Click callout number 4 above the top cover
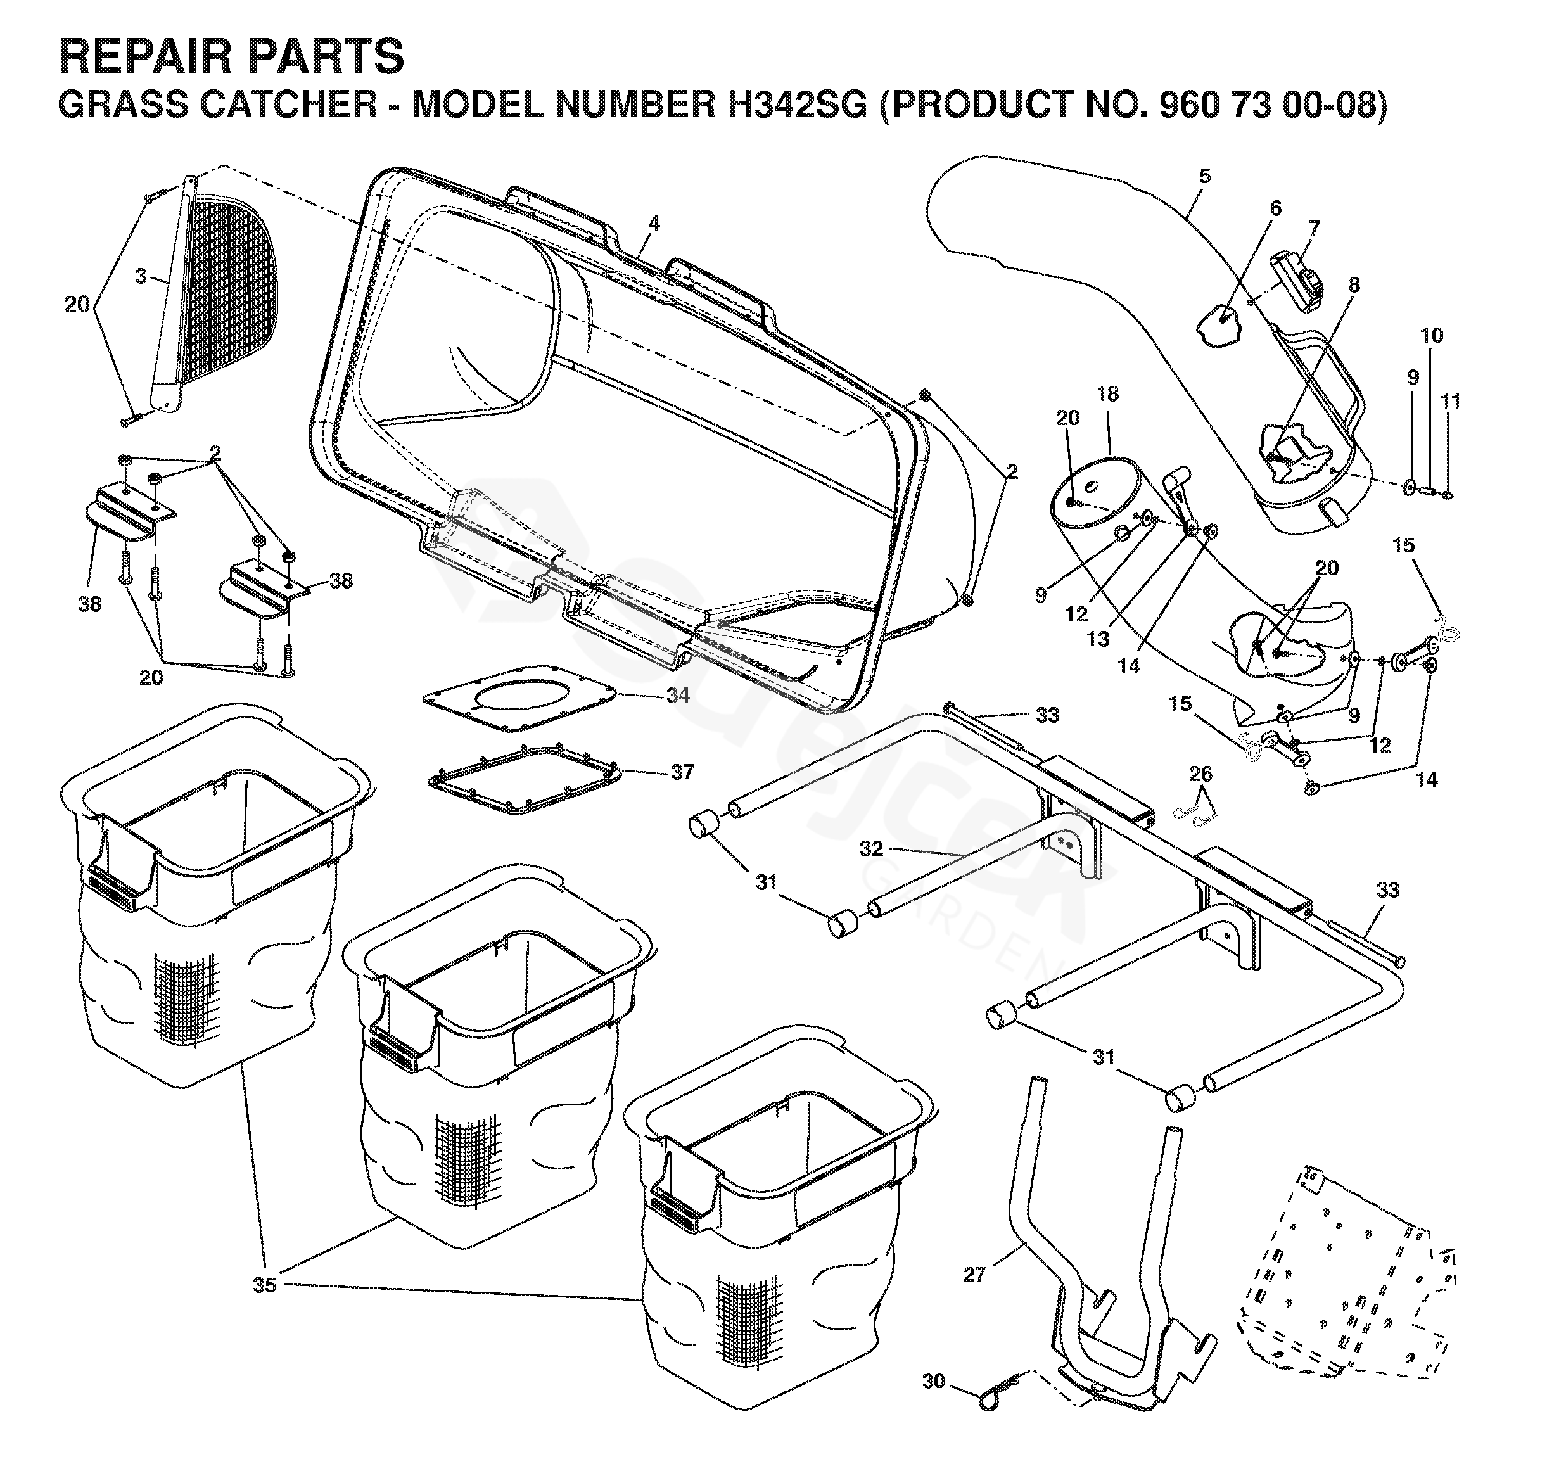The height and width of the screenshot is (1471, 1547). point(654,224)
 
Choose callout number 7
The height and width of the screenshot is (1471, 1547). point(1314,229)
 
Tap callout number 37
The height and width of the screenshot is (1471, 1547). point(682,772)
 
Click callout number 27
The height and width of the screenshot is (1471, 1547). point(974,1274)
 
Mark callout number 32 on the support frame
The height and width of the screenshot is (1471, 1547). point(871,848)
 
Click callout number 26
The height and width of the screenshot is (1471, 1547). point(1200,775)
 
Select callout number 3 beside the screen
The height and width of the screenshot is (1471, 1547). point(141,276)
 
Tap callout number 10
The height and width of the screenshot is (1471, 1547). point(1431,336)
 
